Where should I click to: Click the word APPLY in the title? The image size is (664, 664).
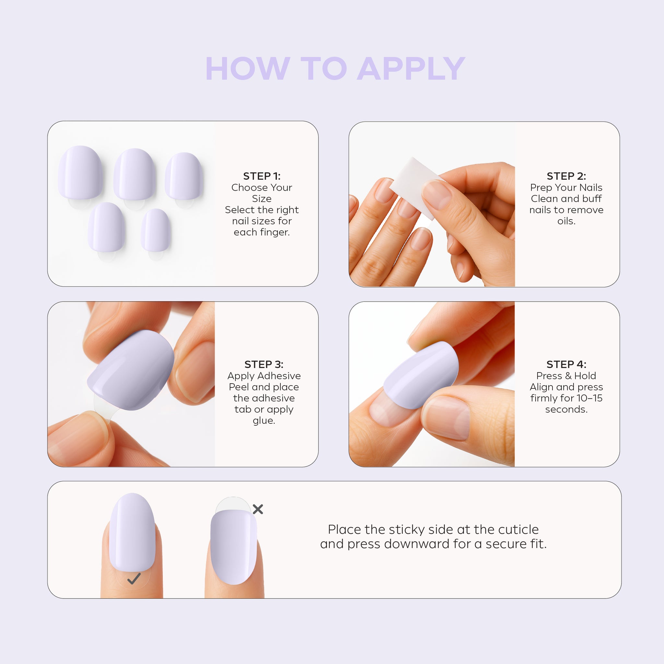411,69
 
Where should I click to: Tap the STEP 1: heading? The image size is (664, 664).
262,176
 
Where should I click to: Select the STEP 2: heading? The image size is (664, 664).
566,176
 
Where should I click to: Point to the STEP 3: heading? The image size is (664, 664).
264,364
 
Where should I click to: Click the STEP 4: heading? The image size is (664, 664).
566,364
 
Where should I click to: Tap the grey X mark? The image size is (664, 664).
258,509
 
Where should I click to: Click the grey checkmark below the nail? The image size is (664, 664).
134,578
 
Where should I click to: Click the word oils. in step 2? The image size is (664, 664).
566,221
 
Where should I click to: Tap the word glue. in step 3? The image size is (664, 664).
264,420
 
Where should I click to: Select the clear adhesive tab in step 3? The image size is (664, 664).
103,407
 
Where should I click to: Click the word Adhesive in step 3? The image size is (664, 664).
279,376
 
